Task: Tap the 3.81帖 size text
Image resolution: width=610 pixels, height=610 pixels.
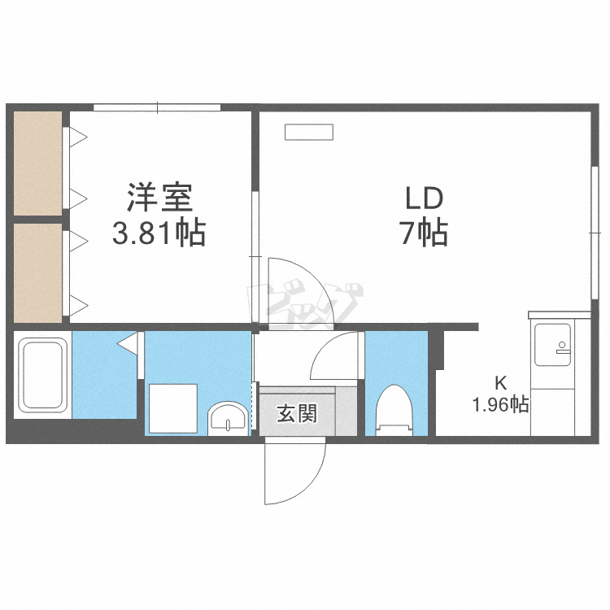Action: click(159, 235)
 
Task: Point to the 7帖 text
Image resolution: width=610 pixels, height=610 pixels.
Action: click(424, 235)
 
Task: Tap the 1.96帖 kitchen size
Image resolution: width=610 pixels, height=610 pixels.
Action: click(501, 404)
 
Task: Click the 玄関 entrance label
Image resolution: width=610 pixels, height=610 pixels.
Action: click(297, 414)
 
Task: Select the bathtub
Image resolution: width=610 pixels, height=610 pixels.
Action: click(43, 374)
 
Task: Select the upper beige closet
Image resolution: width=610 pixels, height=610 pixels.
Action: click(37, 164)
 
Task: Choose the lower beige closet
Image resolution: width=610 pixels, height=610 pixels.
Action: click(37, 272)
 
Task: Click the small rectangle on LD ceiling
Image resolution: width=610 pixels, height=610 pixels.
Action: click(308, 133)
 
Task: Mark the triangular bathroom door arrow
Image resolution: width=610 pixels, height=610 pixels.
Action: click(127, 344)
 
